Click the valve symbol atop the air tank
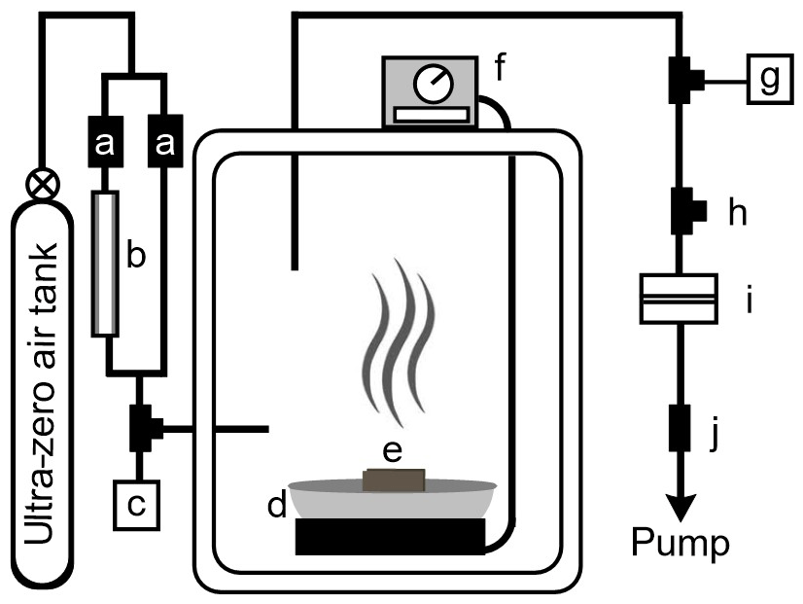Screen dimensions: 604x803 (41, 181)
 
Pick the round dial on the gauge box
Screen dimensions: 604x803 (430, 87)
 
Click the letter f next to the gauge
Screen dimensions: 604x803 (502, 69)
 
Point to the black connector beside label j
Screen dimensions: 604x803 (679, 429)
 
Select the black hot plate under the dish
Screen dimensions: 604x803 (390, 536)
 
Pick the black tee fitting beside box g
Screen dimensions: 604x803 (681, 79)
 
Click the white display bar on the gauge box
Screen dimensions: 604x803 (431, 115)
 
